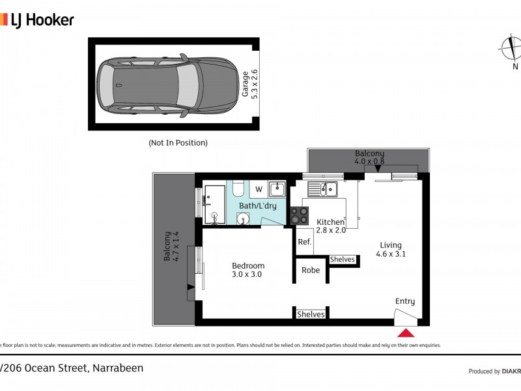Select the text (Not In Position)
pos(178,143)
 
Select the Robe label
pos(311,270)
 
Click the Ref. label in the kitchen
pos(304,242)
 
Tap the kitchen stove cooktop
pos(300,216)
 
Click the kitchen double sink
pos(323,189)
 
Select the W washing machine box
pos(259,190)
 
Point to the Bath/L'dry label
pos(257,206)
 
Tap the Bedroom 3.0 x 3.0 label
pos(248,270)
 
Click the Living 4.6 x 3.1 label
pos(391,250)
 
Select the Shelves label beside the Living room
pos(343,259)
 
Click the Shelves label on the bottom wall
pos(311,314)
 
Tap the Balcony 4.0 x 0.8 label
pos(369,156)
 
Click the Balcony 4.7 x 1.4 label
pos(171,246)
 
